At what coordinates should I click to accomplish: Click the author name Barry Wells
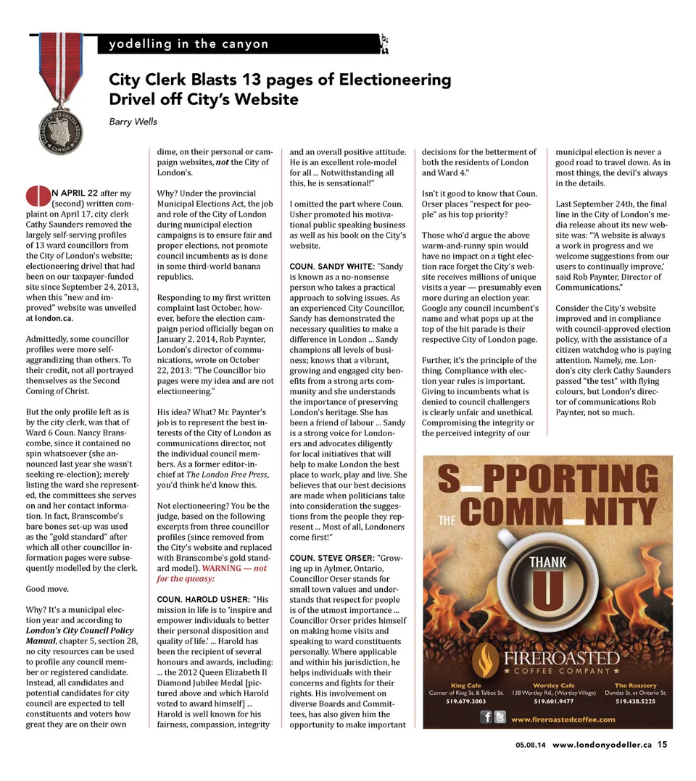[133, 121]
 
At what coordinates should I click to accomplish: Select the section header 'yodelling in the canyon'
[188, 44]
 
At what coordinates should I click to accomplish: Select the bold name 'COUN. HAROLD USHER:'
[202, 600]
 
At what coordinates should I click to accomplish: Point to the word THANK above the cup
[548, 562]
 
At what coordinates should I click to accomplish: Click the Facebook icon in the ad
[487, 717]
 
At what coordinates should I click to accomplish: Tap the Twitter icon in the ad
[500, 717]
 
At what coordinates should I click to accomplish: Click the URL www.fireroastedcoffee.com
[563, 719]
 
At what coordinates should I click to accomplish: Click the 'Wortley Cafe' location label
[553, 685]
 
